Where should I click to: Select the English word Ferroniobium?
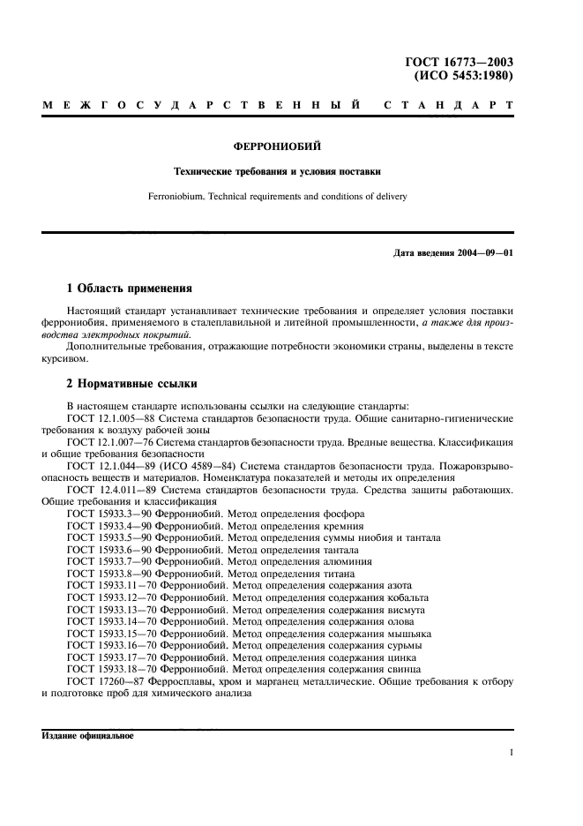(206, 196)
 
